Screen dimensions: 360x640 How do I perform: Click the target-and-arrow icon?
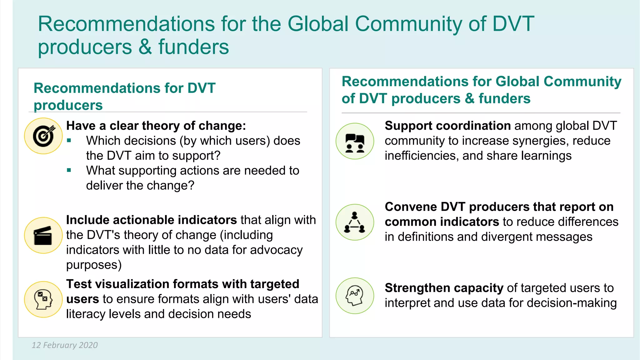point(43,136)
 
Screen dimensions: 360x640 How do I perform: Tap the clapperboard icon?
point(43,235)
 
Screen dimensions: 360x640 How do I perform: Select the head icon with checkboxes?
point(43,299)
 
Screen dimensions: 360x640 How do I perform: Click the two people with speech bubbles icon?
point(355,141)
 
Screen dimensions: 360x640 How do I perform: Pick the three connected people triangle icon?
point(355,222)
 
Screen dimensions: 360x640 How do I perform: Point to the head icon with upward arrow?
point(355,296)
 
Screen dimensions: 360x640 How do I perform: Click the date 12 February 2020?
point(65,345)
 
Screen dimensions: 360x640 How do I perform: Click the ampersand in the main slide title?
point(145,47)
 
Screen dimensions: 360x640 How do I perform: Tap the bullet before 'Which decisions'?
point(69,141)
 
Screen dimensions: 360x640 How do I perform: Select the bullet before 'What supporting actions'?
point(69,171)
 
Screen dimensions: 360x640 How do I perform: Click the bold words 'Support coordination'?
point(447,126)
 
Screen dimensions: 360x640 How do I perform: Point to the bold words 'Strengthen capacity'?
point(444,288)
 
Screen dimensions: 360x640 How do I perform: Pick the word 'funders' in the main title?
point(193,47)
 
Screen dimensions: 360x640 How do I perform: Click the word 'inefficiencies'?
point(421,156)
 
